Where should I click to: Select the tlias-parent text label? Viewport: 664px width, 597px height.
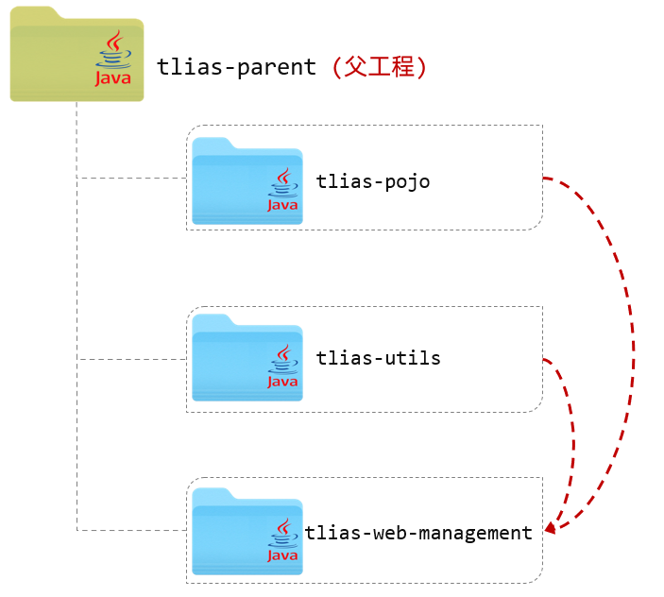[x=237, y=67]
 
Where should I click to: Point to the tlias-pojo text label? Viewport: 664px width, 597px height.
[x=373, y=181]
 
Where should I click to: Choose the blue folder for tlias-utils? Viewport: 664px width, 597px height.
[x=236, y=359]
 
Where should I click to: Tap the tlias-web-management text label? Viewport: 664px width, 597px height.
[x=418, y=533]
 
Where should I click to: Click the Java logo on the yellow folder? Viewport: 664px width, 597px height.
[x=113, y=60]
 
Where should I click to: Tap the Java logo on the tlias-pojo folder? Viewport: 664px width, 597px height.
[x=282, y=190]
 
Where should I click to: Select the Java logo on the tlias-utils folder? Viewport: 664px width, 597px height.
[x=282, y=367]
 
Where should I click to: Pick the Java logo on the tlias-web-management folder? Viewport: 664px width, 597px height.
[x=282, y=540]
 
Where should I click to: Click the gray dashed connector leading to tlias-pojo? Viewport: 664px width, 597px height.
[x=132, y=178]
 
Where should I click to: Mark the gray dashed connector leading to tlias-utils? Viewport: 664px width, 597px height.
[x=132, y=359]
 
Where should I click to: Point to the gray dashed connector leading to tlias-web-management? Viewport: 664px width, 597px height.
[x=132, y=530]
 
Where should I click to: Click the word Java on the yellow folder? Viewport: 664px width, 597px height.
[x=113, y=79]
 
